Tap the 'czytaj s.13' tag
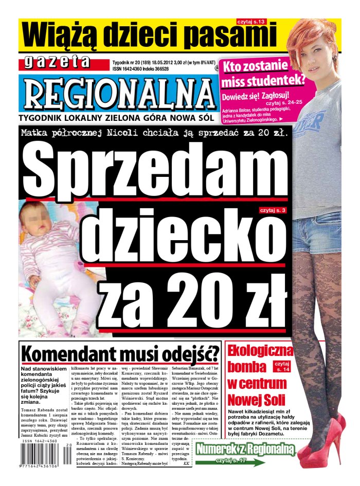pyautogui.click(x=251, y=22)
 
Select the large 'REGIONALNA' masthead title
pyautogui.click(x=118, y=94)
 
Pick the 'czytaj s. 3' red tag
pyautogui.click(x=273, y=210)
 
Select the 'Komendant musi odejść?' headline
pyautogui.click(x=120, y=354)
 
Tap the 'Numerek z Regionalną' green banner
pyautogui.click(x=246, y=448)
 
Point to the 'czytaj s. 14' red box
pyautogui.click(x=281, y=366)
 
